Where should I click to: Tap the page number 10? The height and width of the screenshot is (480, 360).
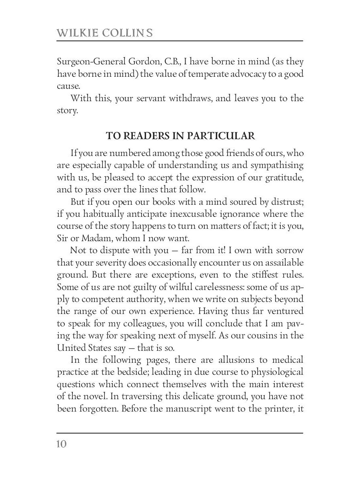62,444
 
